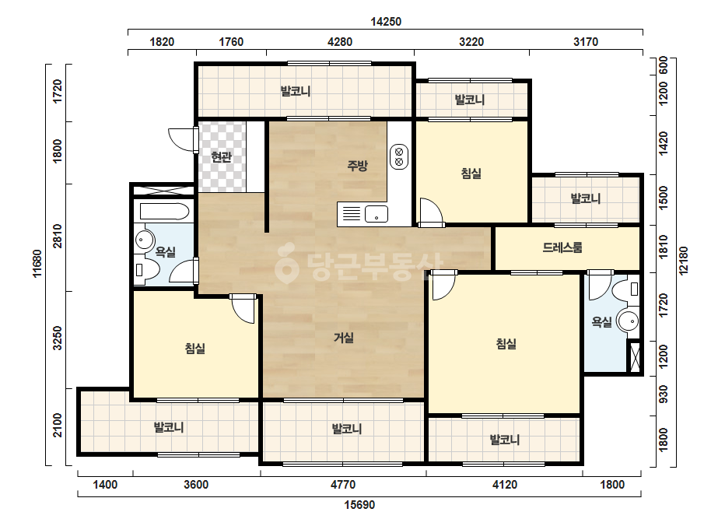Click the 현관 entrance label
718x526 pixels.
[222, 157]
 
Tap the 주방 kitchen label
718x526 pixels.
[357, 166]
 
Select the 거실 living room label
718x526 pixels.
[343, 338]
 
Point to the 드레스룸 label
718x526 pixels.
[562, 247]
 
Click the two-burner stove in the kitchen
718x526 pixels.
[399, 156]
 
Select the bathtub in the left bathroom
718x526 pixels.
[164, 212]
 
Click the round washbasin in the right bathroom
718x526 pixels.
[627, 321]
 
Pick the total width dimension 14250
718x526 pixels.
[386, 22]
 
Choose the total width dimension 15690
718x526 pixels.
[359, 505]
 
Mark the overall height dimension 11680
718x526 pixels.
[37, 264]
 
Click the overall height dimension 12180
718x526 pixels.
[683, 261]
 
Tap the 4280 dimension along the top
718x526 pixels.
[340, 42]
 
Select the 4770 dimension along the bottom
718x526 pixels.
[343, 485]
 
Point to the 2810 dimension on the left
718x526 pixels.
[58, 237]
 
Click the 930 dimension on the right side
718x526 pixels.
[663, 394]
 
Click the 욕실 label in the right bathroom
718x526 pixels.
[601, 322]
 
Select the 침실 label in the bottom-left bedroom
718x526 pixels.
[195, 349]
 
